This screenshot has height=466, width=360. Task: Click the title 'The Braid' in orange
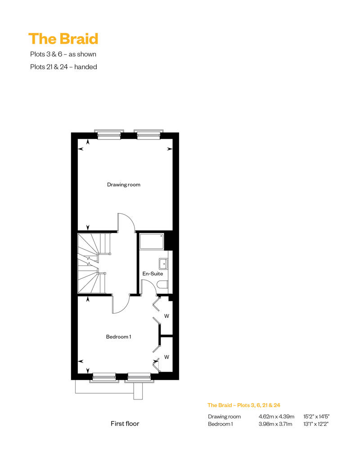point(63,39)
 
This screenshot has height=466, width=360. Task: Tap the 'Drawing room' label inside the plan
point(124,184)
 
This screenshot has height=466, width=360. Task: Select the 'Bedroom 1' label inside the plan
point(119,337)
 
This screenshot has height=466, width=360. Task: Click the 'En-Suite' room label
point(153,273)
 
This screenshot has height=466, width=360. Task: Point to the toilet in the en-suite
point(162,285)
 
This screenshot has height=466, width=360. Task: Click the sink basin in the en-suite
point(163,264)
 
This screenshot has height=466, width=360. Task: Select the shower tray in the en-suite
point(152,241)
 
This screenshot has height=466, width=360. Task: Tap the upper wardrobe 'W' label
point(166,316)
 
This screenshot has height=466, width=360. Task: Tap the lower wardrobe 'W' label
point(166,357)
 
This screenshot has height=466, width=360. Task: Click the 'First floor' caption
point(125,424)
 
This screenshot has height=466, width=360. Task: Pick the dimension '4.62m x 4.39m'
point(276,417)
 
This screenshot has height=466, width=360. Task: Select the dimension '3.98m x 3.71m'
point(275,424)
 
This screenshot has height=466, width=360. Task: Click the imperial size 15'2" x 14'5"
point(316,417)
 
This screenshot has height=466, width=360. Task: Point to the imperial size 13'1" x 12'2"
point(316,424)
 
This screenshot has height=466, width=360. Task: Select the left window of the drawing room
point(109,134)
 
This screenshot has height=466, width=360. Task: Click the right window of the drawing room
point(148,134)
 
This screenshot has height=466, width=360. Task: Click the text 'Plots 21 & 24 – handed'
point(63,67)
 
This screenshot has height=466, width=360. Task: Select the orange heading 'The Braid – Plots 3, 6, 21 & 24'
point(244,405)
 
